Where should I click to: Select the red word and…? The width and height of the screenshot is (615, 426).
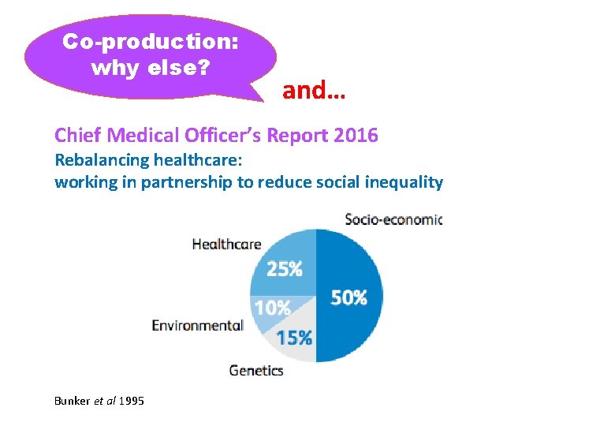[314, 91]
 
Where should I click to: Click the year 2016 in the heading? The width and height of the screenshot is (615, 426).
[356, 136]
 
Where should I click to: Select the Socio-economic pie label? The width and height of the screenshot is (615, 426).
[393, 219]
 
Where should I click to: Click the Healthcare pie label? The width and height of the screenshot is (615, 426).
[226, 244]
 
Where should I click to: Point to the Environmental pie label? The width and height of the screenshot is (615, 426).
[197, 325]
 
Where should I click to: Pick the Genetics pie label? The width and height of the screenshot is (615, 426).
[256, 369]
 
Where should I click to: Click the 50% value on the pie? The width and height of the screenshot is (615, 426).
[348, 297]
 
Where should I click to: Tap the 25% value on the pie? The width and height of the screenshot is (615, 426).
[285, 269]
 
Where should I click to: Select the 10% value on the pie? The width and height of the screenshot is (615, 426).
[272, 308]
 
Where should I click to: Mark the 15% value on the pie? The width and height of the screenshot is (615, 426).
[293, 338]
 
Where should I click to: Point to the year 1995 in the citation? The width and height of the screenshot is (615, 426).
[131, 402]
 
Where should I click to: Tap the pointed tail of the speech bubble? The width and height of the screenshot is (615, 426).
[264, 98]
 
